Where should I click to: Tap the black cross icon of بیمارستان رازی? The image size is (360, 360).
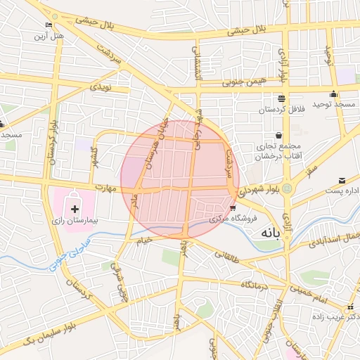pos(75,210)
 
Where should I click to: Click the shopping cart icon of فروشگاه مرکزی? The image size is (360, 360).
pos(233,207)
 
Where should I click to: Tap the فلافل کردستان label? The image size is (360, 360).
pos(260,110)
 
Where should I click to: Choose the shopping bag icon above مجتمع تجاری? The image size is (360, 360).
pos(279,136)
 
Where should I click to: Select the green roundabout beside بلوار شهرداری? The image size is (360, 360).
pos(288,188)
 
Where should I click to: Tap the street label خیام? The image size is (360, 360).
pos(144,240)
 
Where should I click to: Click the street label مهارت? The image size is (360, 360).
pos(106,188)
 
